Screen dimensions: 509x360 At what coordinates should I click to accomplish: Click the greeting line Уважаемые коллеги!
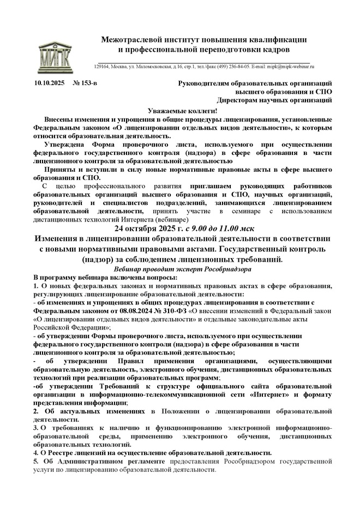(179, 110)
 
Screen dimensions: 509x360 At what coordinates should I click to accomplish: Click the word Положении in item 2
(181, 411)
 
